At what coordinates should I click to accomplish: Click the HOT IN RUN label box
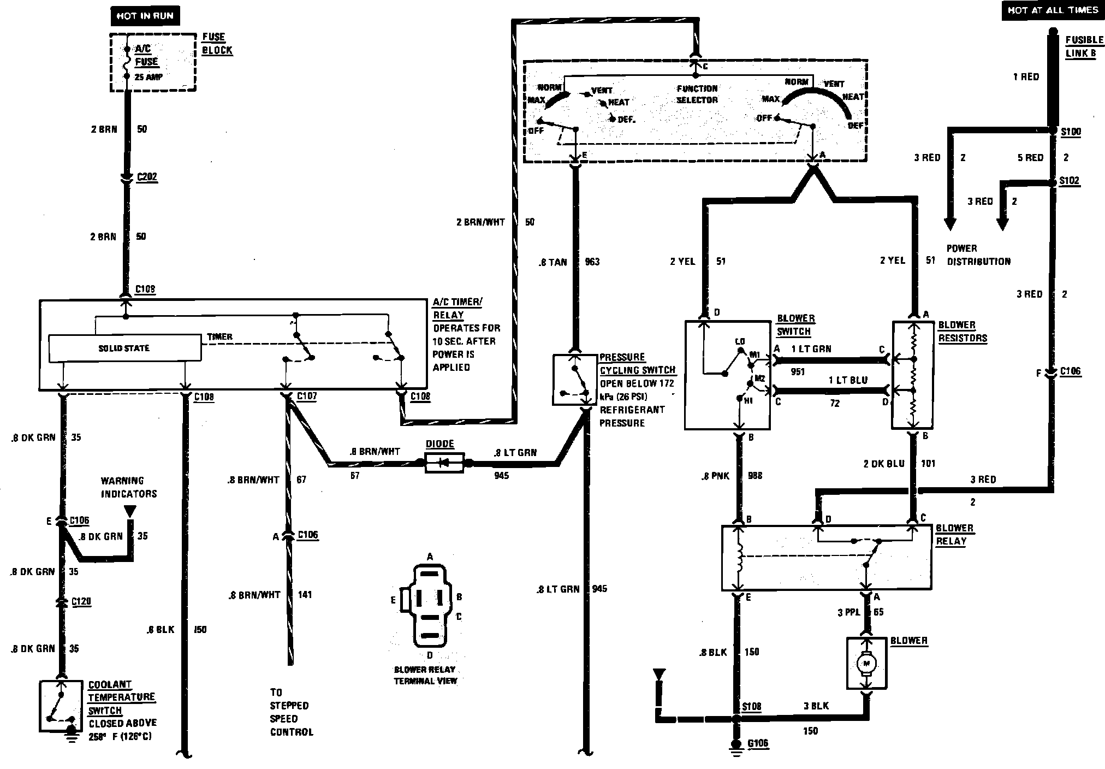144,16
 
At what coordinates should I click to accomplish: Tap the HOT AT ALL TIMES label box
1053,10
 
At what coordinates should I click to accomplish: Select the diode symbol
444,463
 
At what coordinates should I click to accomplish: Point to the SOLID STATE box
124,348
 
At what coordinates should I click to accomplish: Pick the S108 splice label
751,706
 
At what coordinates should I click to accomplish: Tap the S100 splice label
1070,132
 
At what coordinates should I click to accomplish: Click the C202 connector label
147,176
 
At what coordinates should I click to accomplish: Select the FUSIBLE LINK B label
1084,46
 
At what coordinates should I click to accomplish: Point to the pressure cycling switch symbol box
574,380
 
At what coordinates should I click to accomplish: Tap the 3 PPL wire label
848,612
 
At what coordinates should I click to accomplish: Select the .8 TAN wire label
552,262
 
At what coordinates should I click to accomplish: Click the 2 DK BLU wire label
883,463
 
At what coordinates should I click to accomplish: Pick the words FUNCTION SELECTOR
697,94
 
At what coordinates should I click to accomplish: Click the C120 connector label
81,601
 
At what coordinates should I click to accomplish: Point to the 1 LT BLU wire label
847,380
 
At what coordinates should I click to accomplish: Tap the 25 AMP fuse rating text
148,77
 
